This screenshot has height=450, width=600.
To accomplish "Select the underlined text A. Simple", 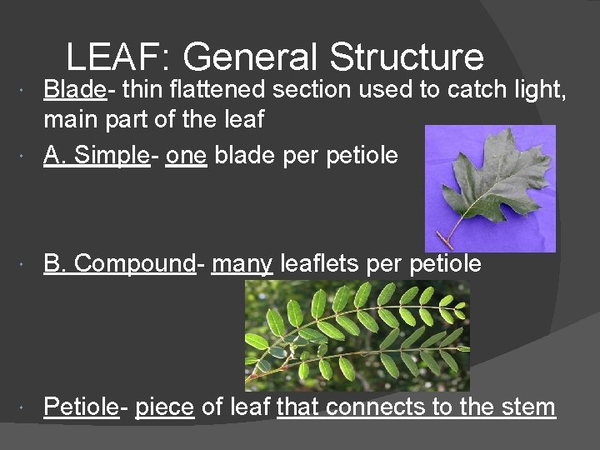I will pos(96,155).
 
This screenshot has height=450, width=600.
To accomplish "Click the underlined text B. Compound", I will pos(119,263).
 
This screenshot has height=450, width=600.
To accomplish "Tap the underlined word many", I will pos(242,264).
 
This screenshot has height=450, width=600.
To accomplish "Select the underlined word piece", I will pos(164,407).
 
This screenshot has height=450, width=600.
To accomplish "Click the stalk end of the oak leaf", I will pos(442,241).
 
